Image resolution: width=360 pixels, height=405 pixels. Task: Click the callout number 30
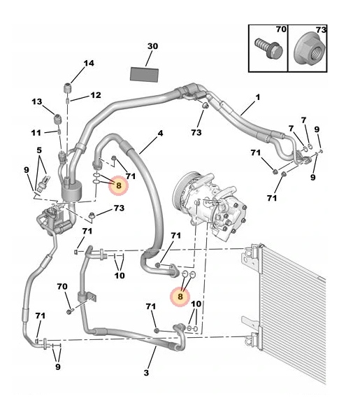(152, 46)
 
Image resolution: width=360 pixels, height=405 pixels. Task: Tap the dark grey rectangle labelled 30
(144, 75)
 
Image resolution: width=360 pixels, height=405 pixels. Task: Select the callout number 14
(89, 63)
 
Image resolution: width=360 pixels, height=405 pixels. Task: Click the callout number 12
(96, 95)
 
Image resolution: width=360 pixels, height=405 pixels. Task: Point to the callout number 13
(36, 101)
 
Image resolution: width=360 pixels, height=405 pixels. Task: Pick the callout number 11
(36, 133)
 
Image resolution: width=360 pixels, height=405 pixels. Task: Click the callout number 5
(39, 150)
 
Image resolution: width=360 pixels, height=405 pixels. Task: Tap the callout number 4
(160, 134)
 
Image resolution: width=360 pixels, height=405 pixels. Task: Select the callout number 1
(257, 97)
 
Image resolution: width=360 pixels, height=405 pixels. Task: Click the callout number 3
(146, 373)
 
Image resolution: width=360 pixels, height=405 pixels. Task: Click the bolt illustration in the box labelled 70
(268, 48)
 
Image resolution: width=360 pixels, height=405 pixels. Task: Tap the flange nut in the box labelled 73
(310, 51)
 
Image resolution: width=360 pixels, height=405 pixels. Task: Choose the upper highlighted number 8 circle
(118, 185)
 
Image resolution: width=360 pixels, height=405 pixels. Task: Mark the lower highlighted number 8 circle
(180, 297)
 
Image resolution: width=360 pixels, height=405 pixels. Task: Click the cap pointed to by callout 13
(57, 119)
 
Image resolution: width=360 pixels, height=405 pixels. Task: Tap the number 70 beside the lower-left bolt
(62, 287)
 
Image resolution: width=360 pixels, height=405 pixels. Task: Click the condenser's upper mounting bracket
(250, 257)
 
